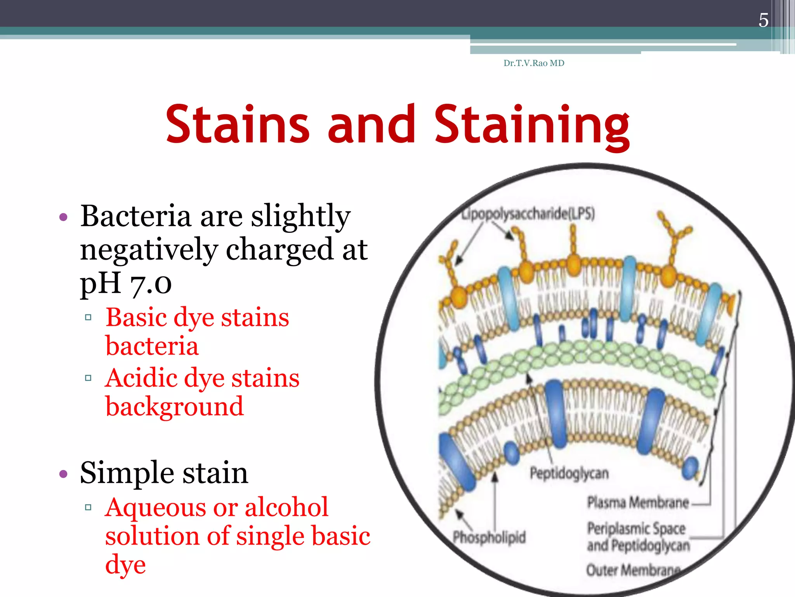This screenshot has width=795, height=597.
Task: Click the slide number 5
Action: point(763,20)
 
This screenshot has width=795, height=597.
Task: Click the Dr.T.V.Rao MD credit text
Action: point(534,63)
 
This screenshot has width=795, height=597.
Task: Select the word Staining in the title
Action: point(532,125)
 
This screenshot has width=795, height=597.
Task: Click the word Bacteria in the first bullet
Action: point(135,216)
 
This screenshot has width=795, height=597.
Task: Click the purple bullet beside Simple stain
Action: point(63,474)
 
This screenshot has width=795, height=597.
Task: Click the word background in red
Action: point(174,407)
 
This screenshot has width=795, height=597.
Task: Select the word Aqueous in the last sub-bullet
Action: point(157,508)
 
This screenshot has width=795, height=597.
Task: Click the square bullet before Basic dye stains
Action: point(88,318)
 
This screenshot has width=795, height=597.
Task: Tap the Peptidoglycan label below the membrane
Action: point(569,473)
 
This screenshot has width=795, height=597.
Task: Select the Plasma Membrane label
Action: point(638,502)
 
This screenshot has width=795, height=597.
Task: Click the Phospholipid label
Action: point(489,537)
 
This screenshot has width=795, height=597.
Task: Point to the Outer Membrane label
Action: point(633,570)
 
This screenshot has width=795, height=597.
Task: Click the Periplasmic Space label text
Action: point(636,529)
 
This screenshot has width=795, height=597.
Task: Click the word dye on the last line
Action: point(125,565)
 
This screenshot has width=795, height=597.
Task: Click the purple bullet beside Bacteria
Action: point(63,217)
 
